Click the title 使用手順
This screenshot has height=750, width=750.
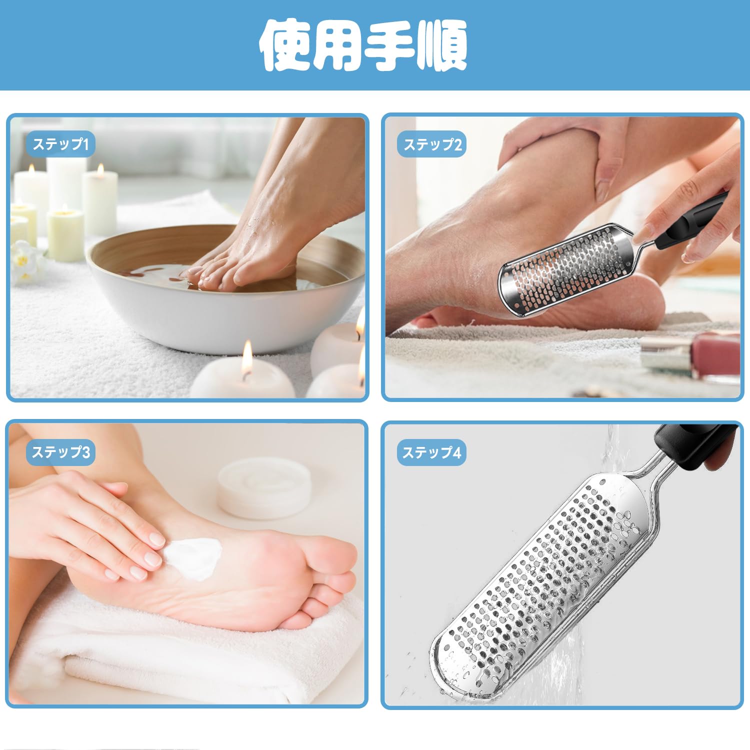pos(363,45)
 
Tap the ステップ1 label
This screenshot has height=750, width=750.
pos(60,144)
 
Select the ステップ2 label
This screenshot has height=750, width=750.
pos(432,144)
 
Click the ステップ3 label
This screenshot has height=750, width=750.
pos(60,452)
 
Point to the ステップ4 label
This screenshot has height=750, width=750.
pos(431,452)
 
